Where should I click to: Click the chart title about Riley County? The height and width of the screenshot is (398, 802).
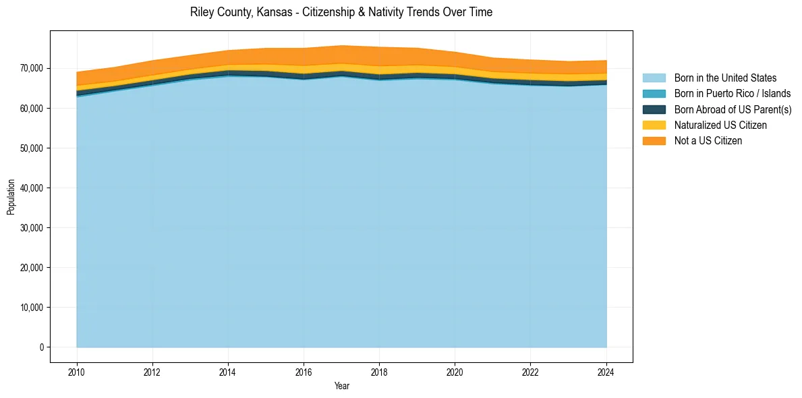[x=341, y=12]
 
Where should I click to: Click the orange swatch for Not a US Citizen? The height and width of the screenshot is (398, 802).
[x=654, y=140]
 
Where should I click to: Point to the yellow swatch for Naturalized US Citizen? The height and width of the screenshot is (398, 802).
[x=654, y=125]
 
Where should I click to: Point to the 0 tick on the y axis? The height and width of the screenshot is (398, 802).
[x=41, y=347]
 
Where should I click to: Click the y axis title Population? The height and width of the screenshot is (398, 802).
[x=11, y=197]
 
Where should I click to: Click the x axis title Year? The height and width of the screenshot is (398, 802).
[x=342, y=387]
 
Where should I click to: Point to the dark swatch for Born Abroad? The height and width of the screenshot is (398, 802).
[x=654, y=109]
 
